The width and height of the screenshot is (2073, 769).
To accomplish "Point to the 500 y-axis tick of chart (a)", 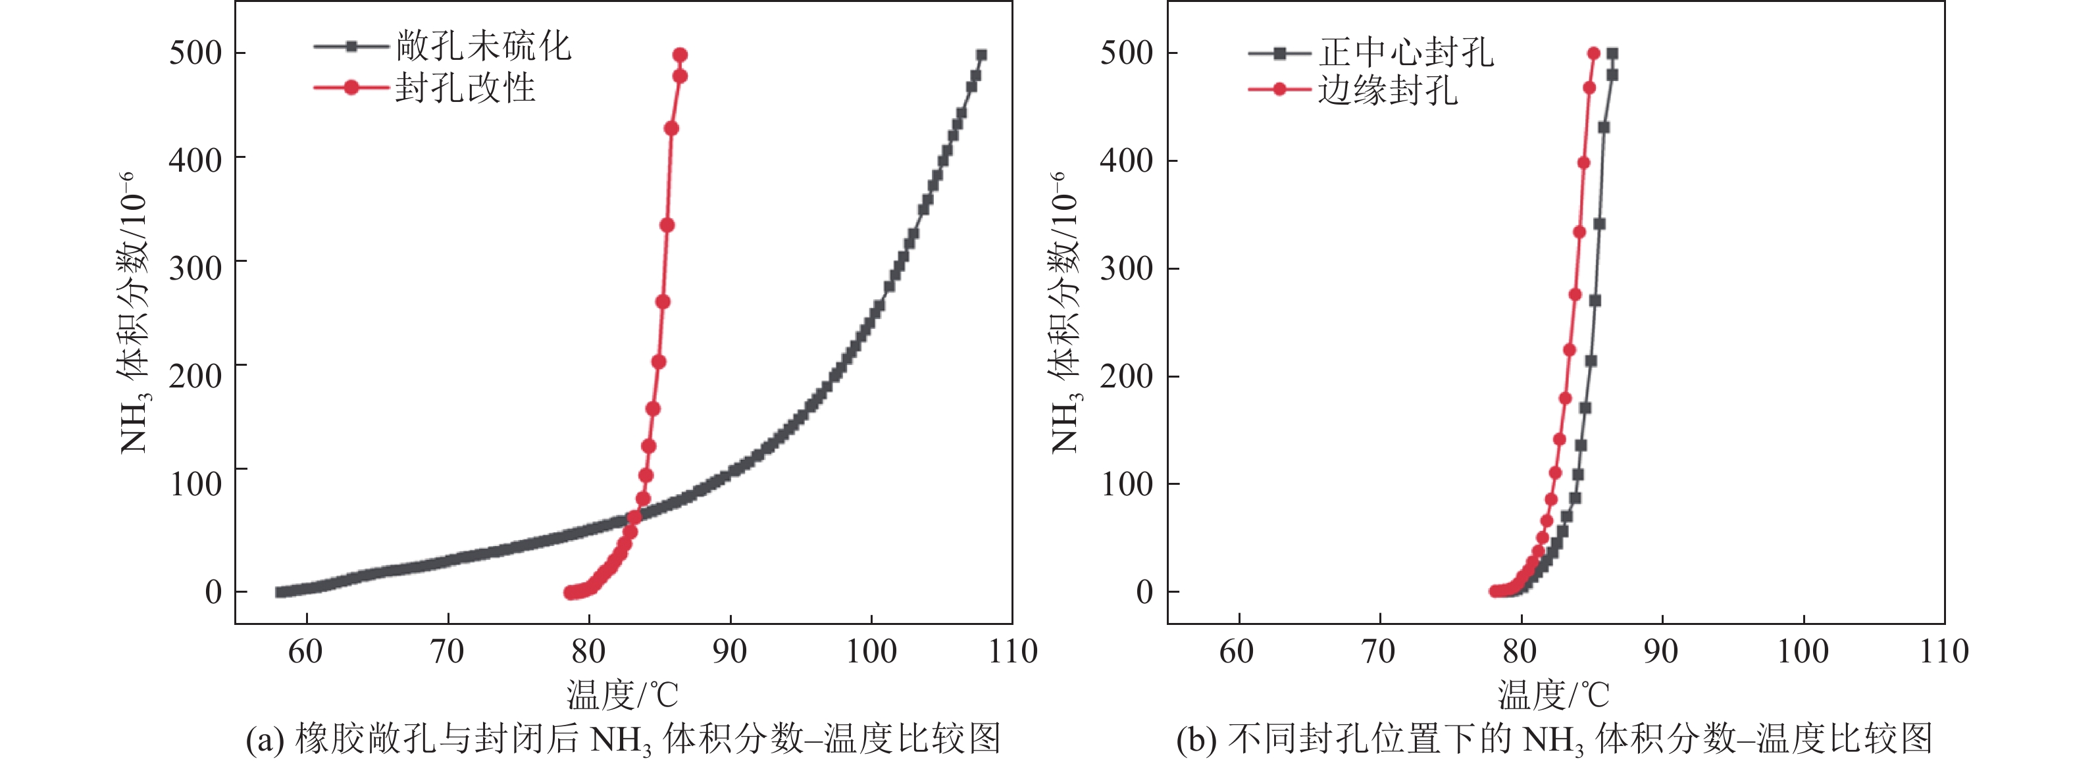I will (195, 53).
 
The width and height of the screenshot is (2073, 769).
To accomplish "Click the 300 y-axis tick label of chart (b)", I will (1127, 268).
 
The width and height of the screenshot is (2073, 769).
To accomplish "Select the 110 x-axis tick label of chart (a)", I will (1012, 651).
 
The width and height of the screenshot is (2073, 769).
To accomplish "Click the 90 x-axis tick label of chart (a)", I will (730, 651).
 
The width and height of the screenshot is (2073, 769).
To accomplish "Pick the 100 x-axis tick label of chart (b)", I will (1803, 651).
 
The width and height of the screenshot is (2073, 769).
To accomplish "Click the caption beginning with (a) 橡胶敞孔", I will (623, 739).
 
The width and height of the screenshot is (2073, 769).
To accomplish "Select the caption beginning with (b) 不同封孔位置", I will (1554, 739).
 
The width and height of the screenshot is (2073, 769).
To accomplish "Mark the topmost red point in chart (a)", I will (680, 55).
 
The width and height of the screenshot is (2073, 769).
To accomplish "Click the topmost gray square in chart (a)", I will (981, 55).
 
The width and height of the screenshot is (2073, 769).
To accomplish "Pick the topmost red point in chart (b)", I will (1593, 54).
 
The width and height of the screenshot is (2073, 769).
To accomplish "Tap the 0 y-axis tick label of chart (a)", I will (213, 593).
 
